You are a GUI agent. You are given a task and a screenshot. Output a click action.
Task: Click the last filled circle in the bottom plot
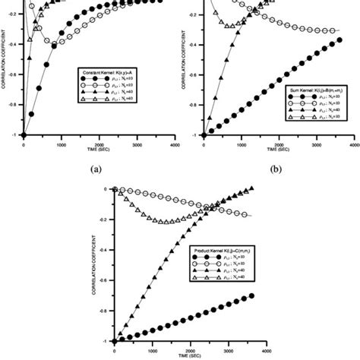pos(251,295)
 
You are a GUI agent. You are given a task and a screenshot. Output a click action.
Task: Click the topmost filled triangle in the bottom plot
pos(251,188)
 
